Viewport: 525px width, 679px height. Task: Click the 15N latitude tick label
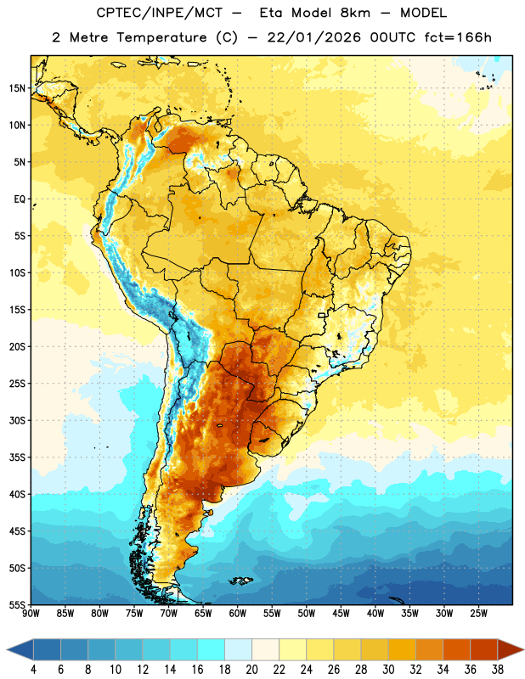17,88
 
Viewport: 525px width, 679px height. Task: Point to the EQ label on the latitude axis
20,199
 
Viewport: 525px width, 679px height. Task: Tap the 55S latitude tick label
17,605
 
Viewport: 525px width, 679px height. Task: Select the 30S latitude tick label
17,420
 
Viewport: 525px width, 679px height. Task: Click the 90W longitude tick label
31,614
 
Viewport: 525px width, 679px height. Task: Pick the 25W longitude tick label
478,614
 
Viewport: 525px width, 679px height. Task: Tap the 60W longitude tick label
238,614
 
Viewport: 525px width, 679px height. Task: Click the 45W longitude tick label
341,614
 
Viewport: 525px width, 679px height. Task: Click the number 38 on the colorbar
498,670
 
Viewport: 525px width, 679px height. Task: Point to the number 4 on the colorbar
33,670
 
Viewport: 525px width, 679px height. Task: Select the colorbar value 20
251,670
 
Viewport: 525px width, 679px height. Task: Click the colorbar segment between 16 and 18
212,650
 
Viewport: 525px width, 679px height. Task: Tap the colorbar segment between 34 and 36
456,650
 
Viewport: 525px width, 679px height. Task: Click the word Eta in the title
271,13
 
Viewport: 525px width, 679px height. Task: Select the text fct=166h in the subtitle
458,37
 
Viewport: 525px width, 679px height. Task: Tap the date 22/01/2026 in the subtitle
313,37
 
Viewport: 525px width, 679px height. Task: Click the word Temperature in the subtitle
161,38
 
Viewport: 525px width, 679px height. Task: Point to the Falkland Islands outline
240,581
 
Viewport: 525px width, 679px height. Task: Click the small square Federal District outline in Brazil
322,315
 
